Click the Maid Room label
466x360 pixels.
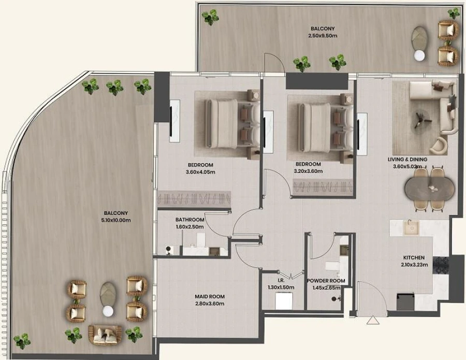(x=210, y=296)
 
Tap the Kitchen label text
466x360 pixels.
(x=414, y=257)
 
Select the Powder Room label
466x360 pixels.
(x=326, y=281)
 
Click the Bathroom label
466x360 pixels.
(x=190, y=220)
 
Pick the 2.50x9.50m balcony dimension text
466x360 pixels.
(x=323, y=36)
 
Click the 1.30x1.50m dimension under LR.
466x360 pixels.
(x=282, y=287)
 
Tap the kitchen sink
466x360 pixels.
(x=411, y=227)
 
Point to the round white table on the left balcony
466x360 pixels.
(x=107, y=311)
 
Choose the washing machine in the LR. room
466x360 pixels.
(x=284, y=301)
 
